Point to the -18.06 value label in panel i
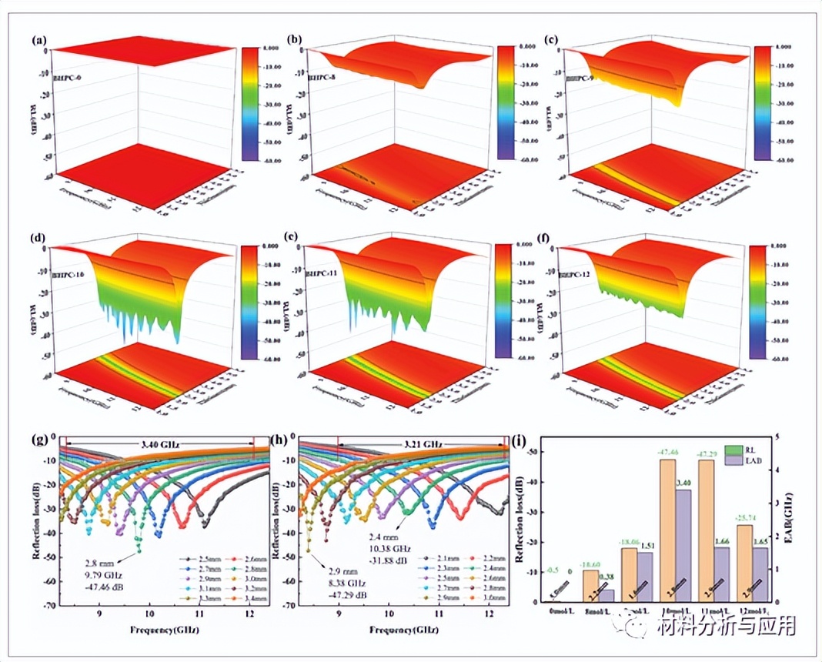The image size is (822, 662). pyautogui.click(x=630, y=543)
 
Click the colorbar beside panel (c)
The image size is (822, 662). pyautogui.click(x=762, y=102)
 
